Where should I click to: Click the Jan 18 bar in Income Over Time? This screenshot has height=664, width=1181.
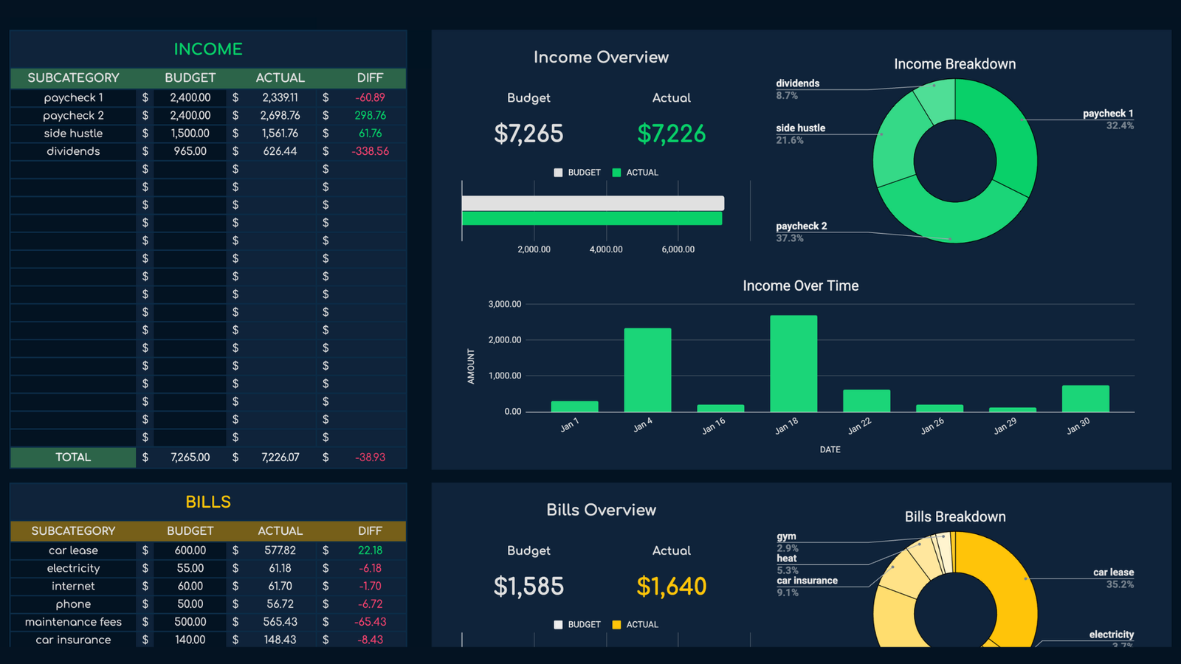click(x=793, y=364)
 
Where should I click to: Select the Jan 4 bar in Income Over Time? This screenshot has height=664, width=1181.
click(x=647, y=370)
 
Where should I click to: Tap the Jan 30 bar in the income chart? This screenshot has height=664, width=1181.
click(x=1085, y=398)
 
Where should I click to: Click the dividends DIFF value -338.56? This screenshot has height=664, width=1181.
click(x=371, y=151)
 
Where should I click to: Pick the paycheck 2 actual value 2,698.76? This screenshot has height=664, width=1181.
click(x=280, y=116)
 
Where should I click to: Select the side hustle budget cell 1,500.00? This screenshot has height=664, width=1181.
click(x=190, y=134)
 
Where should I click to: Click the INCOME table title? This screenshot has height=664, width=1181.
click(x=208, y=49)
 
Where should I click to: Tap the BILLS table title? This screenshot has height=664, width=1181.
click(x=208, y=502)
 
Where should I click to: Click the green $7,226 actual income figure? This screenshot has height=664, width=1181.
click(x=671, y=134)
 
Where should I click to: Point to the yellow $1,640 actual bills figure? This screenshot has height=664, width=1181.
click(x=671, y=587)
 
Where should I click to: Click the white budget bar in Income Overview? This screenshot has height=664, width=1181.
click(x=593, y=203)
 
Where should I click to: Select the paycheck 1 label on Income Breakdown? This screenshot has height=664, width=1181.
click(x=1107, y=114)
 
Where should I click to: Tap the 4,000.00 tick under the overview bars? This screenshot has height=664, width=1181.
click(x=606, y=249)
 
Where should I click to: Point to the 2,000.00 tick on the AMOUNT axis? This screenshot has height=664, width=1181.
click(x=505, y=340)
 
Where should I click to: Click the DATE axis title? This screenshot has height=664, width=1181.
click(x=830, y=449)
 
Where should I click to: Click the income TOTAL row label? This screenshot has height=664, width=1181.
click(x=73, y=457)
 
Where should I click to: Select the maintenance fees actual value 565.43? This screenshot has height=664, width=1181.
click(x=280, y=622)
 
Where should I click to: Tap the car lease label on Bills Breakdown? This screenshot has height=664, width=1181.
click(x=1113, y=573)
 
